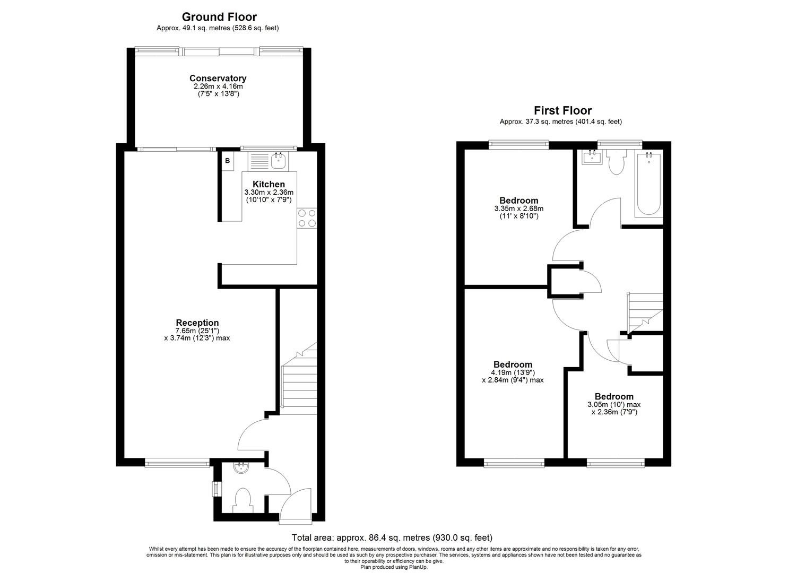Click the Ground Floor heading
(x=219, y=17)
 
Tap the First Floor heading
(x=562, y=110)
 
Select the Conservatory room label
(x=218, y=78)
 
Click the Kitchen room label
(x=269, y=184)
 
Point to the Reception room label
(x=197, y=323)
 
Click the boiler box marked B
(x=228, y=161)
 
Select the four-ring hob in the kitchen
(x=306, y=218)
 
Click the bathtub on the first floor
(x=648, y=183)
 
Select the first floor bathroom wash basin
(x=592, y=157)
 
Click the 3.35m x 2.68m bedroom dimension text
(x=519, y=209)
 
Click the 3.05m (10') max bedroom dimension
(x=614, y=404)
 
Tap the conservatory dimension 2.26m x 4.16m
(x=218, y=86)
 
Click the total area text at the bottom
(x=392, y=538)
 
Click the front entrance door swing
(x=296, y=503)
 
